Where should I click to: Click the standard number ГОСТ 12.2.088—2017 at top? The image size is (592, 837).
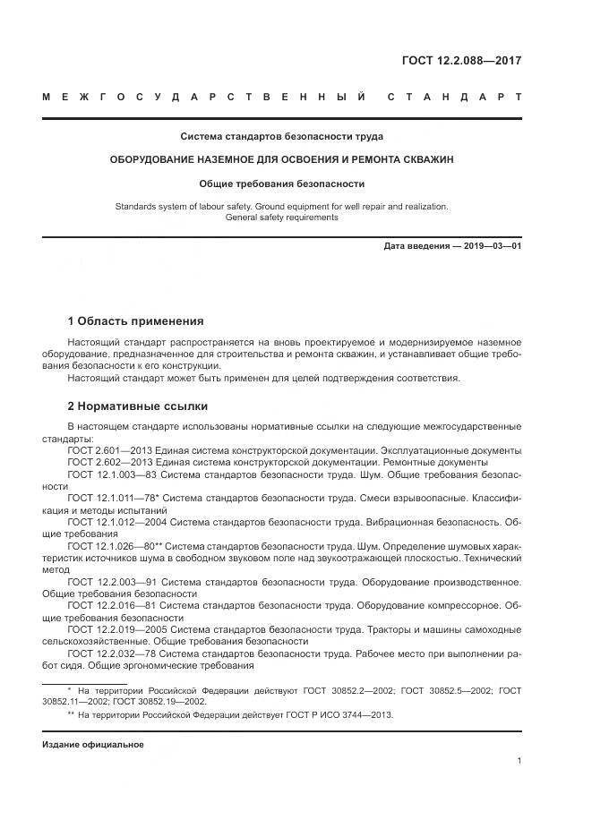point(461,61)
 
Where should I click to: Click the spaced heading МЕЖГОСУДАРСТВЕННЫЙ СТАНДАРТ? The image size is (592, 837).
point(282,97)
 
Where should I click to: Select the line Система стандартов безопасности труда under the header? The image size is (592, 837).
point(282,137)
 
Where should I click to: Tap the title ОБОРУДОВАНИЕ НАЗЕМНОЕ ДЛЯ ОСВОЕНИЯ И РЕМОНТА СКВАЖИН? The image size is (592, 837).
point(282,159)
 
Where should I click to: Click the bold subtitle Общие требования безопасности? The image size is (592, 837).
point(282,184)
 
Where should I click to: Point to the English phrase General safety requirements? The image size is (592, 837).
point(282,217)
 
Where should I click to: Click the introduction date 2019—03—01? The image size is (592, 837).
point(491,246)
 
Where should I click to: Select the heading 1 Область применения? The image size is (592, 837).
point(135,320)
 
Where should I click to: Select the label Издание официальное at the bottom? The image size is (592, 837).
point(92,745)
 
